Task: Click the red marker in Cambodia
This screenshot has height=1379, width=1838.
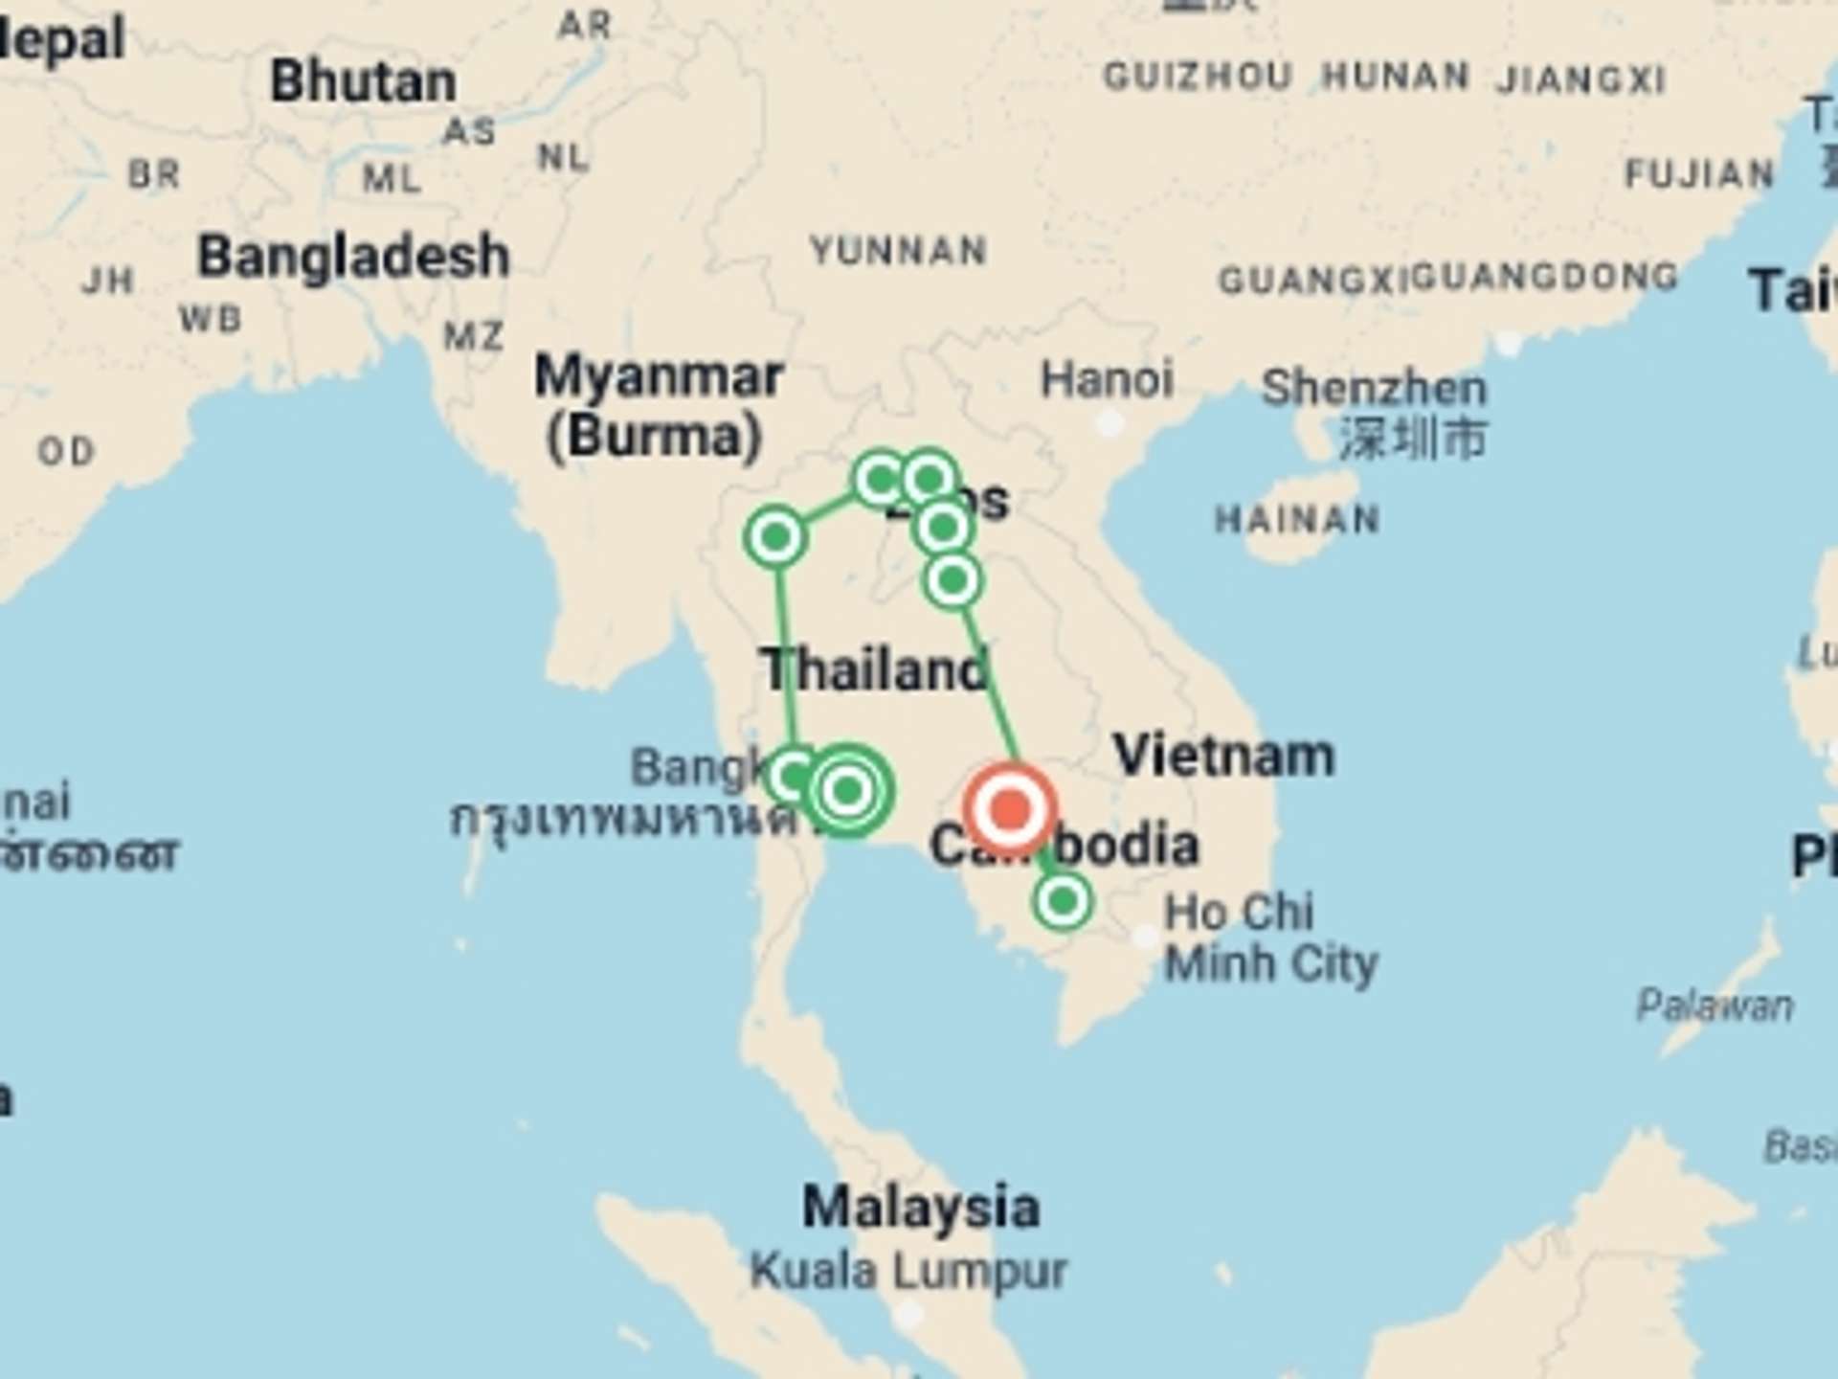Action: [x=1010, y=810]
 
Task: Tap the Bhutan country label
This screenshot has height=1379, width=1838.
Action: [x=363, y=81]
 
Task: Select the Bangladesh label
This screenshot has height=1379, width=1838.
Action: [x=353, y=257]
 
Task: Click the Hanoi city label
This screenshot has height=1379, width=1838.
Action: [x=1107, y=379]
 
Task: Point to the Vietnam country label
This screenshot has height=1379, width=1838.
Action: [x=1223, y=756]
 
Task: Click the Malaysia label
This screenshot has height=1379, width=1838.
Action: [x=921, y=1207]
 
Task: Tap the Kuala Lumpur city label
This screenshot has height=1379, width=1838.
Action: [x=908, y=1272]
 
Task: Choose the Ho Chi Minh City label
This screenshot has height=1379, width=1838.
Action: [x=1270, y=938]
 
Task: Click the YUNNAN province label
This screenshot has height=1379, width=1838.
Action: [x=899, y=251]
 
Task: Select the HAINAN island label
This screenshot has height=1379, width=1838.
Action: [x=1297, y=520]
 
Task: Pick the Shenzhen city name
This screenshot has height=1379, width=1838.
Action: [x=1374, y=388]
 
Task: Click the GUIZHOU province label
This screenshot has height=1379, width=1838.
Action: [x=1198, y=77]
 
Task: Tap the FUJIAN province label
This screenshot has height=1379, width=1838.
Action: [x=1699, y=174]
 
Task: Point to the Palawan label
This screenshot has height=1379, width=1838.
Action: [x=1715, y=1006]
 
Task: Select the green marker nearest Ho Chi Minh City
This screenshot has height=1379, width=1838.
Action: [x=1062, y=901]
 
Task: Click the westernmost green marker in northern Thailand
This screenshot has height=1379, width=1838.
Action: [x=775, y=537]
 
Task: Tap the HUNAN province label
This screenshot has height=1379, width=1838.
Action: [x=1395, y=76]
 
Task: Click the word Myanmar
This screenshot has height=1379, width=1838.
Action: [x=659, y=376]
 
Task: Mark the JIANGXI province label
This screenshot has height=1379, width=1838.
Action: [x=1580, y=79]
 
